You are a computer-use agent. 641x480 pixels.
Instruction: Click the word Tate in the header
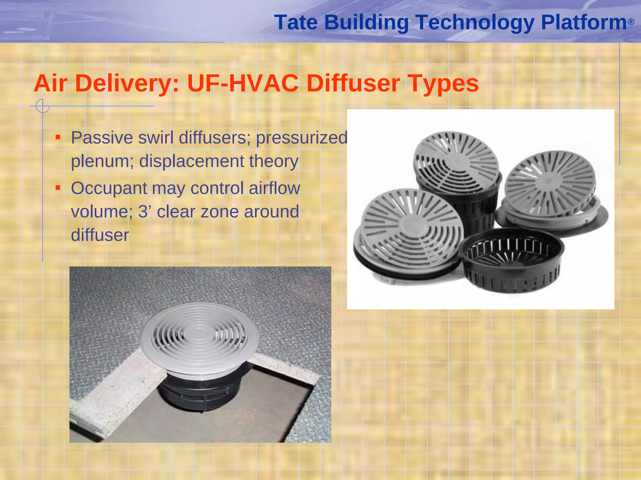296,22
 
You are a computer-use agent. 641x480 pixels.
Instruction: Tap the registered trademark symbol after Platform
631,22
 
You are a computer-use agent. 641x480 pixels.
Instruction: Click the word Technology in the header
475,22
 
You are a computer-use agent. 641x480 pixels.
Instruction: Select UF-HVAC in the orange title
243,83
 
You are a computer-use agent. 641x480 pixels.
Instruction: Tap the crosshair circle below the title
43,106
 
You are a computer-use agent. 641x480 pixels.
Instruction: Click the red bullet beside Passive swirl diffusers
58,137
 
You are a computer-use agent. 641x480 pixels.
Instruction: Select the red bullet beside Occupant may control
58,187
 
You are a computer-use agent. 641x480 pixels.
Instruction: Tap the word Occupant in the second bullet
109,188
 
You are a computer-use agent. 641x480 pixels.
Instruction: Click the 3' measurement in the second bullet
145,212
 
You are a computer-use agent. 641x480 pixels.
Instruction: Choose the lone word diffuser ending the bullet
100,235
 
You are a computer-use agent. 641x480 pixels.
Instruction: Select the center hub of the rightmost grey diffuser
548,181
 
